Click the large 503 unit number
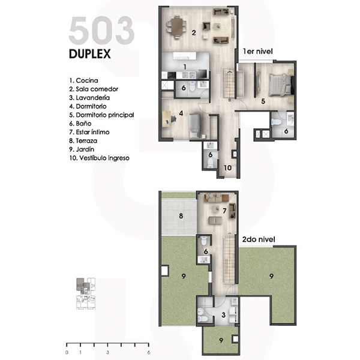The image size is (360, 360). (x=101, y=30)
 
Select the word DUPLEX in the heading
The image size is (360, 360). (x=90, y=54)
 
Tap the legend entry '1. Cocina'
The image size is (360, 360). (x=83, y=80)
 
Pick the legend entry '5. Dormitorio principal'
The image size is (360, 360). (x=101, y=115)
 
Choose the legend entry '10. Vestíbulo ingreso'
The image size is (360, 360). (x=99, y=158)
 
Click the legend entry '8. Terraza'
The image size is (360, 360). (x=83, y=141)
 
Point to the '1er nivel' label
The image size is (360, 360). (x=258, y=51)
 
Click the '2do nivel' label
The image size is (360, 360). (x=259, y=239)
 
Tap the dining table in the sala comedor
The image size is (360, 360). (x=176, y=26)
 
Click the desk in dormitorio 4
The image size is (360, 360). (x=167, y=119)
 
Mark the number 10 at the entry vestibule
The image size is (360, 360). (x=227, y=168)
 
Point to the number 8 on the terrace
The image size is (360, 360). (x=181, y=216)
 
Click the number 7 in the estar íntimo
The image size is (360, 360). (x=224, y=211)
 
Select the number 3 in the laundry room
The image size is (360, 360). (x=223, y=315)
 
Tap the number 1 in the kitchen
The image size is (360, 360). (x=185, y=67)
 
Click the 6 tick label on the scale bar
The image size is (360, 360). (x=149, y=352)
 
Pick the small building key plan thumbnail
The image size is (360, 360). (x=86, y=293)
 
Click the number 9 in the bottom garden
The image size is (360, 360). (x=221, y=340)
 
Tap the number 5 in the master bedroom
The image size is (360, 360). (x=263, y=101)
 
